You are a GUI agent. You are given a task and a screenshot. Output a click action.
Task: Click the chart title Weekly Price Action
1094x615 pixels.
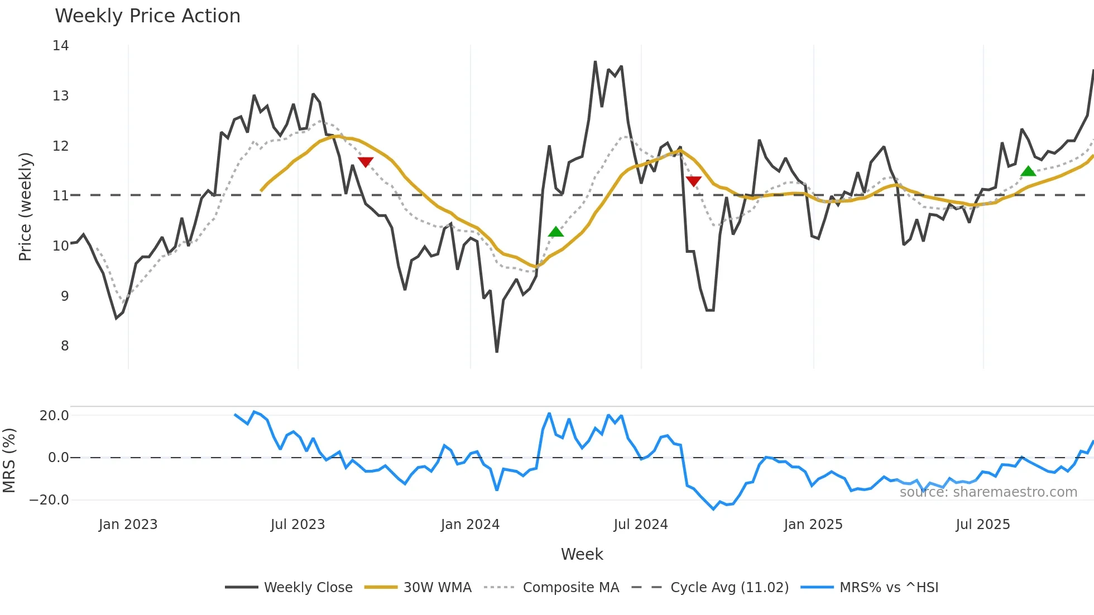147,16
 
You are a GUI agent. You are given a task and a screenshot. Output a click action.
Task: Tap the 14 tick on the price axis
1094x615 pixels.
61,46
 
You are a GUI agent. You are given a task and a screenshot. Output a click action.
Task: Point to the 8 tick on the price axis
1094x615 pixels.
65,346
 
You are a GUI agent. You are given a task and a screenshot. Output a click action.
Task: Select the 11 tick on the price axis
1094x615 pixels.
61,196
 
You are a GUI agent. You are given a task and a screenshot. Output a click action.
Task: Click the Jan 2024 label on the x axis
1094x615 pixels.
470,525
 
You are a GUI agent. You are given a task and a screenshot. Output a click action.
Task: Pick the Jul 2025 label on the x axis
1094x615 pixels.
982,525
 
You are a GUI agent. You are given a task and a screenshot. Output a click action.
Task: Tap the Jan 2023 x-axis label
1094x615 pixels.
128,525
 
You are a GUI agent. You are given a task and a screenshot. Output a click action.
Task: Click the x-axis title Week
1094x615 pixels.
582,554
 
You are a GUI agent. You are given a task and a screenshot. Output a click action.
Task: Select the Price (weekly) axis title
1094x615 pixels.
25,206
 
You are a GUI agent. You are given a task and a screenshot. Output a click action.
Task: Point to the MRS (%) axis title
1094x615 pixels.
9,460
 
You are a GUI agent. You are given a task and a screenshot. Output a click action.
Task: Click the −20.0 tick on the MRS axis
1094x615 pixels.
49,500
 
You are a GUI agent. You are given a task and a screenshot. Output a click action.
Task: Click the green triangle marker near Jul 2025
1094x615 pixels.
1028,171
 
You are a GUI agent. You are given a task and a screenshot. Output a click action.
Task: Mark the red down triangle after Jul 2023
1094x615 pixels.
366,162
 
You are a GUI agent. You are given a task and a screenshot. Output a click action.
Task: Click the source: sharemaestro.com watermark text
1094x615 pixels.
988,492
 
